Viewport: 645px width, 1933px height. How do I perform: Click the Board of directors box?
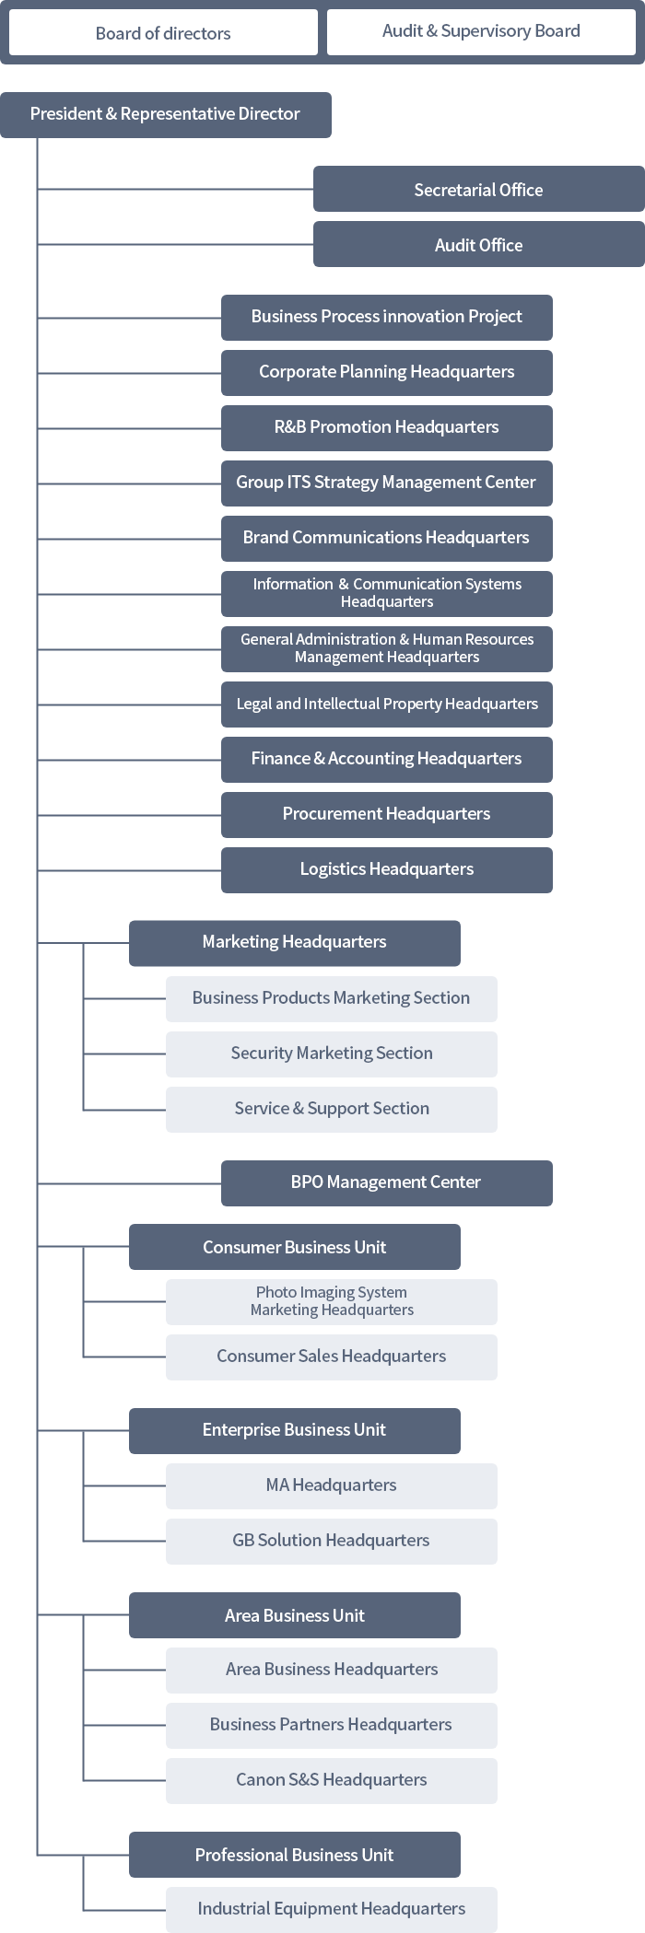click(x=163, y=33)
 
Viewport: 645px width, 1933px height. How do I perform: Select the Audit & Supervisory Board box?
click(x=481, y=31)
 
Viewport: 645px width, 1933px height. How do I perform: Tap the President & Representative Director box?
click(x=165, y=114)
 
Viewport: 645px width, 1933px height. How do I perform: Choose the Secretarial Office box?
click(x=478, y=190)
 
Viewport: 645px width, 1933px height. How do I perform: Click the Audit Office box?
click(x=478, y=245)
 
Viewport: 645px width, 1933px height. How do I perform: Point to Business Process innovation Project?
click(x=386, y=317)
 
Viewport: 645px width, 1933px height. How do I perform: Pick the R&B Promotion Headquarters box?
click(x=386, y=427)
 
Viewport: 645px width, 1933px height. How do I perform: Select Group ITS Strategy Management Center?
click(x=386, y=483)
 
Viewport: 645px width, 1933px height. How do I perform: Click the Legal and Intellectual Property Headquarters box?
click(x=386, y=704)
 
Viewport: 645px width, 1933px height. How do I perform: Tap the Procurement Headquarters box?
click(x=386, y=814)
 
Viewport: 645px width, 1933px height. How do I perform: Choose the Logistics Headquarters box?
click(x=386, y=869)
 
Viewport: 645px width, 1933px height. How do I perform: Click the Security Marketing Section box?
click(x=331, y=1054)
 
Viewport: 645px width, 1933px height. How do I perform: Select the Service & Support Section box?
click(x=331, y=1109)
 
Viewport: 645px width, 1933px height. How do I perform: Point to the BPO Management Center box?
click(x=386, y=1182)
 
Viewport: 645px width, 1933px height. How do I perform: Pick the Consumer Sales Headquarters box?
click(x=331, y=1357)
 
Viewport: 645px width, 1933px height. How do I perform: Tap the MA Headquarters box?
click(x=331, y=1485)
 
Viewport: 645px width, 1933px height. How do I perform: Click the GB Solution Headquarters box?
click(x=331, y=1541)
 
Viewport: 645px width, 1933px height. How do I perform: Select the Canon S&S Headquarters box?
click(x=331, y=1780)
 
